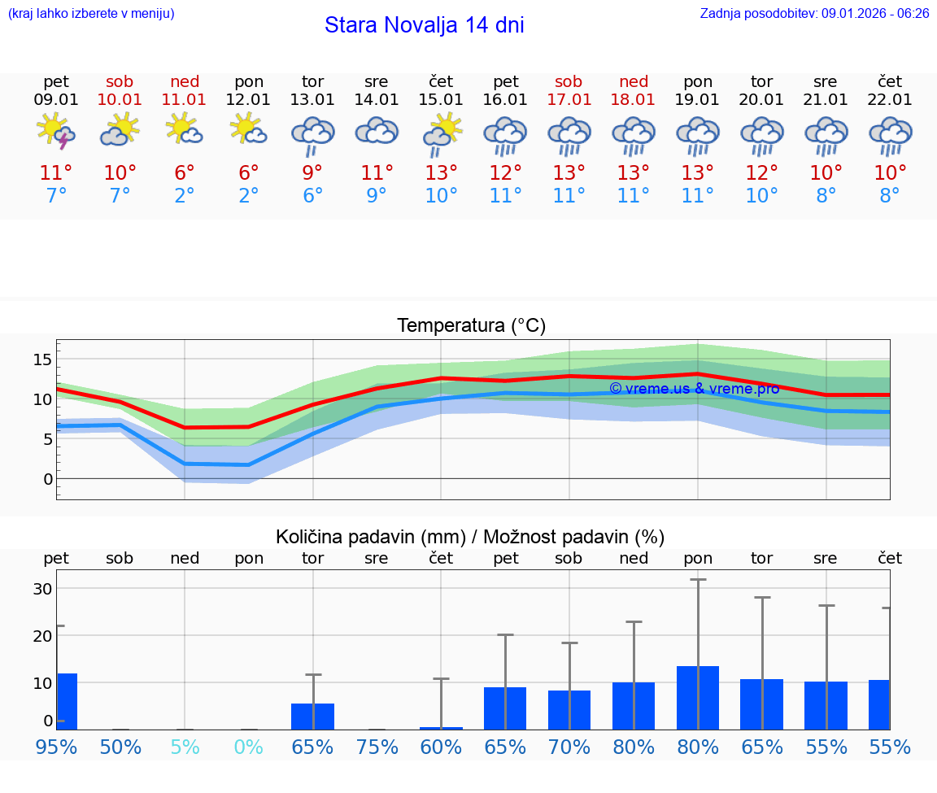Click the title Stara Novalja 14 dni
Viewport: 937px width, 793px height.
(424, 25)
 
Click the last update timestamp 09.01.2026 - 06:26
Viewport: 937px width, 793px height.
(875, 14)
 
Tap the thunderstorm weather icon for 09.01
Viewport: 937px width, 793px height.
(56, 132)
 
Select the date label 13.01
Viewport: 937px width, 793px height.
(312, 100)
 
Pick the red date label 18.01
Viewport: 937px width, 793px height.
(633, 100)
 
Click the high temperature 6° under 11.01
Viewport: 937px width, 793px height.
(185, 173)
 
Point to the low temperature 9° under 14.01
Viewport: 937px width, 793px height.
(377, 196)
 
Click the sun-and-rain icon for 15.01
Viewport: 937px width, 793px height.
(441, 133)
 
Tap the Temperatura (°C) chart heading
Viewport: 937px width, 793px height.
(471, 326)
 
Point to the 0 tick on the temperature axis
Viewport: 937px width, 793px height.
(48, 479)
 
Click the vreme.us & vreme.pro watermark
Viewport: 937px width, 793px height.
(694, 389)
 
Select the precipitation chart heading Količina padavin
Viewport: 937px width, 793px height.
(470, 537)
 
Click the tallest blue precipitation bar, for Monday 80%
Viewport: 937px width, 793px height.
(698, 698)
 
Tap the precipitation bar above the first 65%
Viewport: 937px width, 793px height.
(312, 717)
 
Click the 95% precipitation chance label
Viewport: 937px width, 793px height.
(56, 747)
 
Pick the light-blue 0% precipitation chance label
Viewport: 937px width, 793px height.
(249, 747)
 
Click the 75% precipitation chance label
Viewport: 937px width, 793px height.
(377, 747)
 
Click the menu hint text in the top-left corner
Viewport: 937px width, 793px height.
(90, 14)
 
